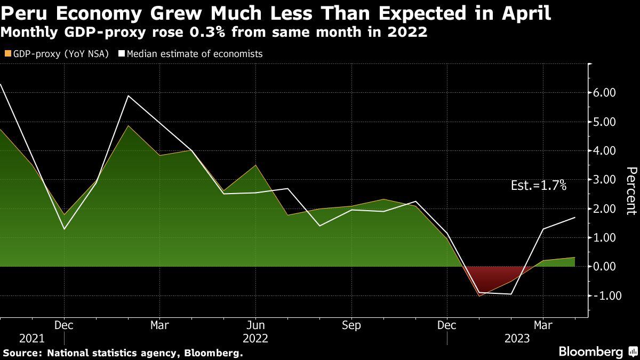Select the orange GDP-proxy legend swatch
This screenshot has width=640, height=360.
tap(7, 54)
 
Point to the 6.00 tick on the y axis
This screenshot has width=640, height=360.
tap(604, 93)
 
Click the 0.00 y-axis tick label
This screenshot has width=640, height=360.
tap(604, 267)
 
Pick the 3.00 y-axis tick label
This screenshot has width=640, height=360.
tap(604, 180)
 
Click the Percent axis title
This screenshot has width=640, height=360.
tap(631, 190)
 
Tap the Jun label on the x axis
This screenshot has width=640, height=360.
tap(255, 325)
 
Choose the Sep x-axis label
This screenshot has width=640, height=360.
tap(351, 325)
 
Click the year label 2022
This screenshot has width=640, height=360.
tap(255, 339)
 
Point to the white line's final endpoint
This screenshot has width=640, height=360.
tap(575, 218)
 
